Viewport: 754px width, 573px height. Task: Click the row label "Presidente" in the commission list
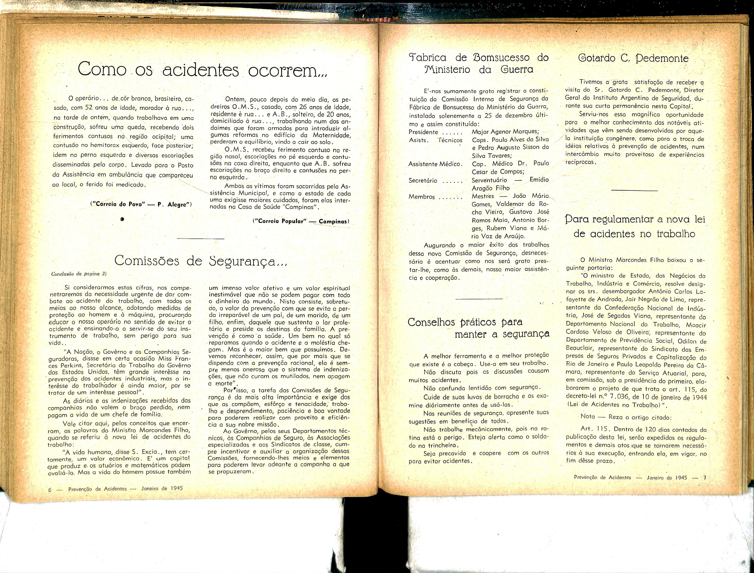coord(423,132)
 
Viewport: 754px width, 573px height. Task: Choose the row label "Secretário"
coord(423,180)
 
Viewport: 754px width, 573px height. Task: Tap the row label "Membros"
coord(422,197)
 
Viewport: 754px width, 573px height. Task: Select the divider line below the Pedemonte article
coord(635,190)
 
